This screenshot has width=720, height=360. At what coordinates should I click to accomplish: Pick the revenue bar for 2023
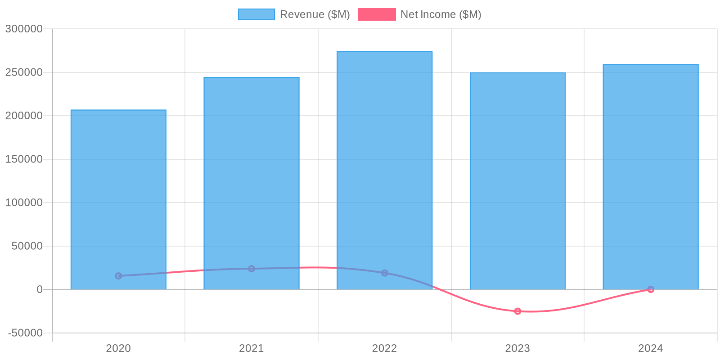click(517, 180)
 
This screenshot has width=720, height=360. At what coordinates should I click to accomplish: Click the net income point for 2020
click(118, 276)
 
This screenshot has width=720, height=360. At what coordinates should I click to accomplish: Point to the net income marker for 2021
click(252, 269)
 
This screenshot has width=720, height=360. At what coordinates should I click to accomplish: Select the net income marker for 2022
click(384, 273)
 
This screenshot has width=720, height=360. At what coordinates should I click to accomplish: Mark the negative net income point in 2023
click(517, 311)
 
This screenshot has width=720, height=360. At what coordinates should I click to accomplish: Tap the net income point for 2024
click(651, 289)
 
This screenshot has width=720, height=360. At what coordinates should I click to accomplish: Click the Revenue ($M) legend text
click(315, 14)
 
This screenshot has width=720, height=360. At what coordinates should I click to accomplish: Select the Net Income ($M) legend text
click(441, 14)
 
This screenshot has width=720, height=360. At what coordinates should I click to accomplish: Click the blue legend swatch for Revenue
click(256, 14)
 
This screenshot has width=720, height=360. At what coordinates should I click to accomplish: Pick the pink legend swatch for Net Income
click(377, 14)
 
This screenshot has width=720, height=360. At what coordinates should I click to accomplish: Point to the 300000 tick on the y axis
click(24, 29)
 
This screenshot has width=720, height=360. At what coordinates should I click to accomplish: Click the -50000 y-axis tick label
click(25, 333)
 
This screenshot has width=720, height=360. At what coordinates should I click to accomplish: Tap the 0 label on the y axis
click(40, 289)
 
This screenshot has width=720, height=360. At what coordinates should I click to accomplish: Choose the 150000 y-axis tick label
click(24, 159)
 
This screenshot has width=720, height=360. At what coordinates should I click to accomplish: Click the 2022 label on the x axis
click(384, 348)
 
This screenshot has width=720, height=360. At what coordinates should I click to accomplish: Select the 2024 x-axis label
click(651, 348)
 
